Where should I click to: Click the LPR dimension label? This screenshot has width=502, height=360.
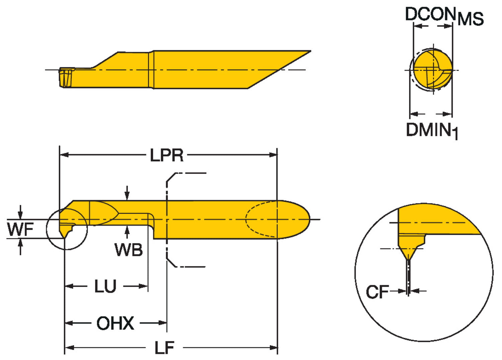(x=167, y=155)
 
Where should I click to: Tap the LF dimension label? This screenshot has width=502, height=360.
(x=164, y=348)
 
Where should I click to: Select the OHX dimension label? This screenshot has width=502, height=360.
(x=115, y=323)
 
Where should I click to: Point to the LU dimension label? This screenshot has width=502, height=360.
(x=105, y=286)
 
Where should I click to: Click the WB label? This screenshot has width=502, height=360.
(x=129, y=250)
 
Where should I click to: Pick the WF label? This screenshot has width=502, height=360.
(x=20, y=230)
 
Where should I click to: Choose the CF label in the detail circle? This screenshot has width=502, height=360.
(x=377, y=292)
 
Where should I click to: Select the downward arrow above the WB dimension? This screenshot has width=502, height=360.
(x=127, y=194)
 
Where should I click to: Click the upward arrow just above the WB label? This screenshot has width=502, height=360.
(x=127, y=231)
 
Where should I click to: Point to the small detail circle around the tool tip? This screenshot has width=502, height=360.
(x=67, y=229)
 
